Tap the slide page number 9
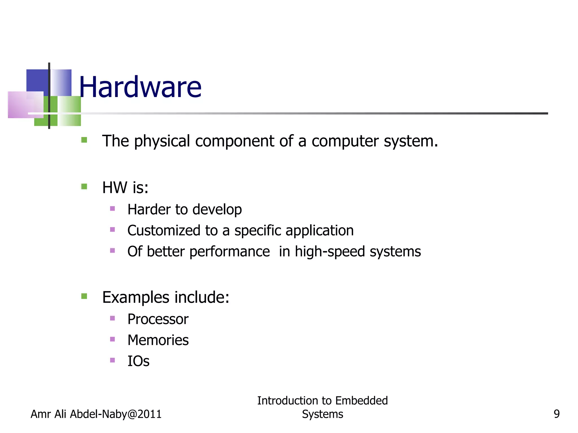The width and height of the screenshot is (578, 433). click(x=557, y=414)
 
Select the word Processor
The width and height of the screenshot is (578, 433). click(x=158, y=319)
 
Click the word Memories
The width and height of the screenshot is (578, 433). click(x=158, y=340)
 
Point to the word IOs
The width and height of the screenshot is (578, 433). click(x=138, y=361)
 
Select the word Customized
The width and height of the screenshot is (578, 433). click(x=164, y=230)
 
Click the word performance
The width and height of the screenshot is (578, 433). click(x=229, y=252)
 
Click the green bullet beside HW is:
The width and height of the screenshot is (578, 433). click(x=84, y=186)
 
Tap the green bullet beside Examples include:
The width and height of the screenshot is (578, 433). click(x=84, y=296)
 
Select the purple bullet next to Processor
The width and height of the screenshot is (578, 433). click(x=112, y=318)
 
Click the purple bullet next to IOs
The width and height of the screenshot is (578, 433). click(x=112, y=360)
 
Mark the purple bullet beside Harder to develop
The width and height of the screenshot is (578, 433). click(x=112, y=209)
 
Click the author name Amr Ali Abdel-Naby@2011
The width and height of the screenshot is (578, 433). click(x=96, y=414)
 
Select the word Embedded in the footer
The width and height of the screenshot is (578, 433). click(x=362, y=401)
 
